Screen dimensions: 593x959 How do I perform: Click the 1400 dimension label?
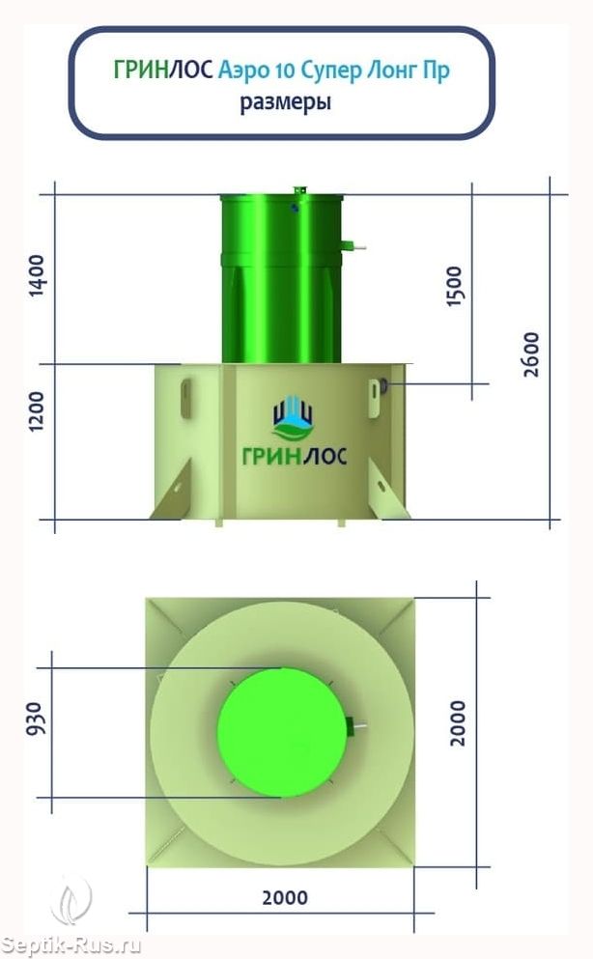(38, 275)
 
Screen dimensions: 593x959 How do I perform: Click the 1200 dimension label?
(38, 411)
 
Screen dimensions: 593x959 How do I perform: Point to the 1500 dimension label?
(455, 286)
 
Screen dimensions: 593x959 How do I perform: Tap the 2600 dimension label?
(532, 354)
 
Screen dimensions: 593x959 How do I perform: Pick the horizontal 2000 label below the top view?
(285, 898)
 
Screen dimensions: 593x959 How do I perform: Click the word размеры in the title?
(286, 101)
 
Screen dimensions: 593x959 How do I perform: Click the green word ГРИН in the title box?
(141, 70)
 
